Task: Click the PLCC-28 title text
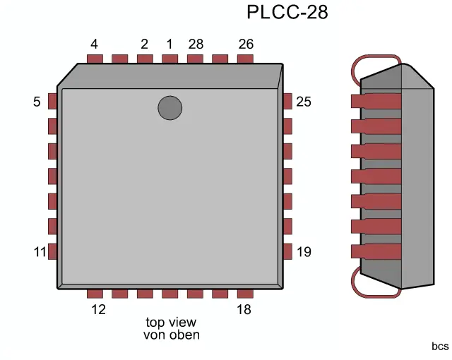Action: (287, 12)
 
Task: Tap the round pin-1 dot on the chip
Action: (169, 108)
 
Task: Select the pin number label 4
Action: (94, 44)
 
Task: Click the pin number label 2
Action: (144, 44)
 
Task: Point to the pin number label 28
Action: (196, 44)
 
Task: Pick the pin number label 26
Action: (246, 44)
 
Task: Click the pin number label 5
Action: (37, 102)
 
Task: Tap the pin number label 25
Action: (304, 102)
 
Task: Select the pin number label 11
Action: (39, 252)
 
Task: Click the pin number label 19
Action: (304, 252)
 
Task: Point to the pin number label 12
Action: (98, 309)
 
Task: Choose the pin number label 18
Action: (244, 309)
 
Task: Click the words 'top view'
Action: (171, 322)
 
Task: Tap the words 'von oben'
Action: (171, 335)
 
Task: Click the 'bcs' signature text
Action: (440, 347)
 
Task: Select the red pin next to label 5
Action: (52, 101)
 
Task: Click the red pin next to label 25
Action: (287, 101)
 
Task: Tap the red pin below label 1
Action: (169, 59)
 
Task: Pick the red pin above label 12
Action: (95, 293)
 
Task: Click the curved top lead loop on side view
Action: (376, 58)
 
